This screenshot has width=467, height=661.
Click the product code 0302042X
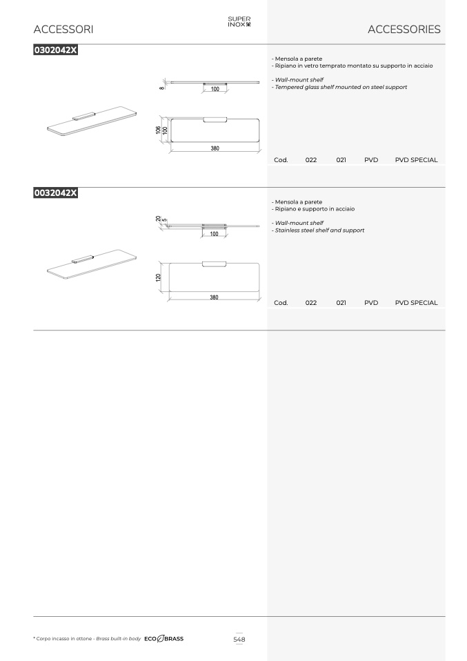tap(56, 50)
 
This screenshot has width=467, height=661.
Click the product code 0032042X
tap(56, 193)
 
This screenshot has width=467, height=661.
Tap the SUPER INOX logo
tap(239, 21)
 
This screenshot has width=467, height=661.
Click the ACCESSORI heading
tap(63, 29)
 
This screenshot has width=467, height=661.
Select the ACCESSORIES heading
tap(404, 29)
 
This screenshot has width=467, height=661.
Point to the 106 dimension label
tap(158, 130)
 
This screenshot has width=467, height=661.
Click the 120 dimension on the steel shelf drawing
tap(159, 277)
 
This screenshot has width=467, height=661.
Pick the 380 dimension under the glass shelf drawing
tap(215, 148)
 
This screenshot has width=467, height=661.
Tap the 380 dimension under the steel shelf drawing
tap(214, 297)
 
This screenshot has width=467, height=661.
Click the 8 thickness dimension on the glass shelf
tap(161, 88)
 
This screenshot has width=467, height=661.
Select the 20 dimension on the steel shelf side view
tap(158, 219)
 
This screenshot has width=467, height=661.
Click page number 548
tap(239, 639)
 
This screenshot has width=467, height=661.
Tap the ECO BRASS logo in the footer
tap(164, 639)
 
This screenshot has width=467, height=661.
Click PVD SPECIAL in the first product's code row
tap(416, 160)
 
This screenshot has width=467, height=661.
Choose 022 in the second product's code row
tap(311, 303)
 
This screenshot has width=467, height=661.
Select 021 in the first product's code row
tap(341, 160)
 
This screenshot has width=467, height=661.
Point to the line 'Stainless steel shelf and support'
tap(318, 230)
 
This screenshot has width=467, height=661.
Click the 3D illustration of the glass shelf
tap(92, 121)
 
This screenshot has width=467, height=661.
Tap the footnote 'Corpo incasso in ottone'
tap(63, 639)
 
